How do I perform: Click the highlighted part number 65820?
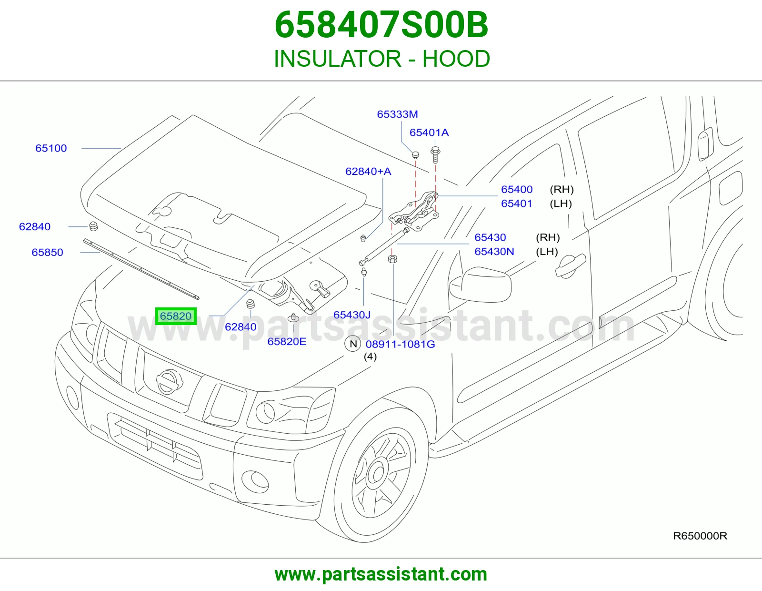pos(176,316)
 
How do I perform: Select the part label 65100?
pos(51,148)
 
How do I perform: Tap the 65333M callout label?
pos(397,114)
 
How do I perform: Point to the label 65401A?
pos(429,132)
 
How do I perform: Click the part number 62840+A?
pos(368,171)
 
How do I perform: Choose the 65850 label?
pos(47,252)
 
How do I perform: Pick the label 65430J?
pos(352,315)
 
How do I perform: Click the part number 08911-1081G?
pos(400,344)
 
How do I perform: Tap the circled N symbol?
pos(353,344)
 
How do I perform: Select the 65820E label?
pos(287,341)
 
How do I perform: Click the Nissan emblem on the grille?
pos(170,382)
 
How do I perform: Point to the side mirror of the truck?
pos(480,285)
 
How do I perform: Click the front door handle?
pos(570,265)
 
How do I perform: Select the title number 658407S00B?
pos(381,25)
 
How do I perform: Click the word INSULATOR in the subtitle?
pos(337,59)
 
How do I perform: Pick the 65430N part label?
pos(494,251)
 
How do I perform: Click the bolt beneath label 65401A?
pos(435,154)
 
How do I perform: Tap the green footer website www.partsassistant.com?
pos(381,574)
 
